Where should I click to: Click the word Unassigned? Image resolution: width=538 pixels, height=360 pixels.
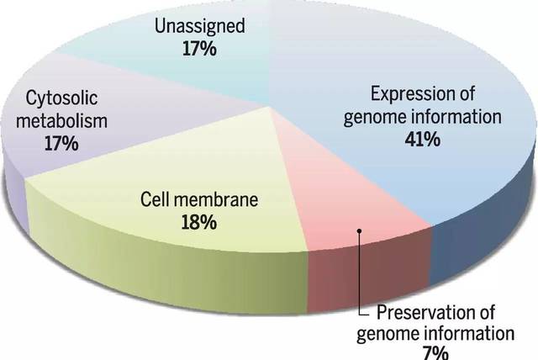point(199,26)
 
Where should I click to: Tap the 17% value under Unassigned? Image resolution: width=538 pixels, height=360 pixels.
point(199,49)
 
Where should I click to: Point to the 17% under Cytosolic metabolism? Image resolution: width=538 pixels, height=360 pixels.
point(61,143)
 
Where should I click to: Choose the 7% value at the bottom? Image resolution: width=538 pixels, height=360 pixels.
point(434,352)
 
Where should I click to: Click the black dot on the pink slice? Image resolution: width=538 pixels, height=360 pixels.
point(359,229)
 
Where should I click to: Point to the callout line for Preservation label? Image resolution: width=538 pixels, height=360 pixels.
point(359,278)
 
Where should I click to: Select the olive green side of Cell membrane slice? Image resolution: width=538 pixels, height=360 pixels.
point(168,269)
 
